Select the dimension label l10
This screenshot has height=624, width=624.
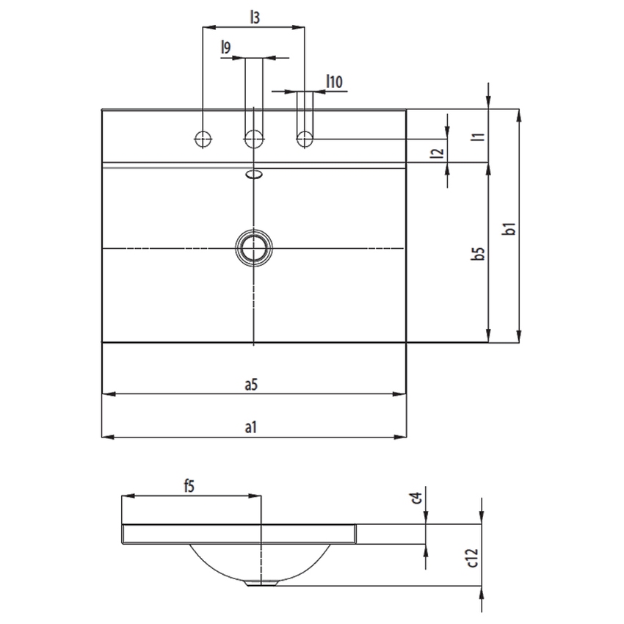[x=334, y=82]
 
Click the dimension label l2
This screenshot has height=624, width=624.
[x=438, y=153]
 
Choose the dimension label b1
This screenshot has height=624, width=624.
[x=508, y=229]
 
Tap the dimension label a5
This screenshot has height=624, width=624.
[x=251, y=384]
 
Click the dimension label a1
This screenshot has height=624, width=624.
[x=251, y=427]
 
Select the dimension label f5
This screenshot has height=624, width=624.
[x=189, y=485]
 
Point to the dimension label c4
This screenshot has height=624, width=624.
[x=416, y=498]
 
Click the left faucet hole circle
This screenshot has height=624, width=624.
[x=203, y=138]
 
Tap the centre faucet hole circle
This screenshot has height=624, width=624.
[x=253, y=138]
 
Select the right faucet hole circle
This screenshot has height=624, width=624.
[x=305, y=138]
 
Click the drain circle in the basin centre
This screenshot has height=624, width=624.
[x=253, y=249]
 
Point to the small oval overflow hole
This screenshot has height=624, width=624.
[x=253, y=175]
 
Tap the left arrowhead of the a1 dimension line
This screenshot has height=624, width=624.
[x=105, y=438]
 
